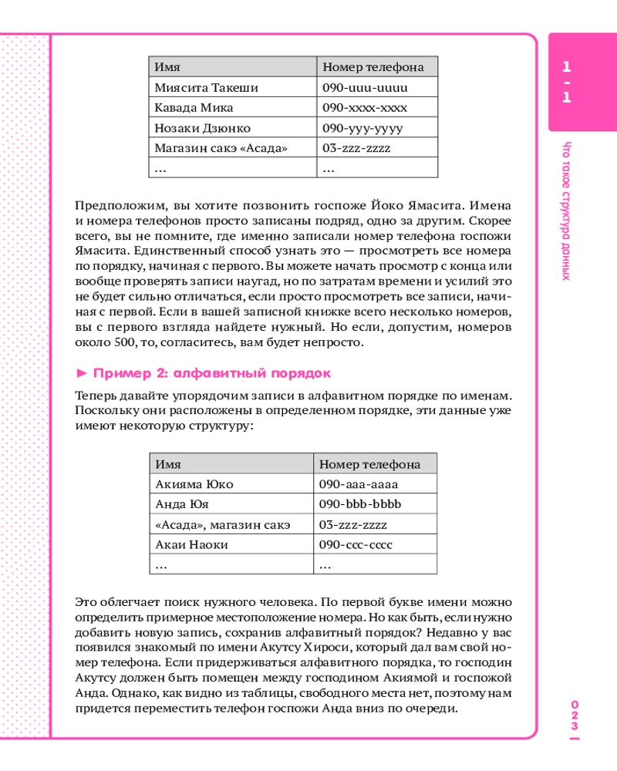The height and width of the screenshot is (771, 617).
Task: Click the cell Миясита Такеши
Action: tap(207, 88)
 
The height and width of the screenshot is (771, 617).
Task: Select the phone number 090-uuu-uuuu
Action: tap(365, 88)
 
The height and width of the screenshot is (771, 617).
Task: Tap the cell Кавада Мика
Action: tap(194, 108)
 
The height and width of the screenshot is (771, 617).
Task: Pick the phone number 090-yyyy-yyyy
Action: tap(362, 128)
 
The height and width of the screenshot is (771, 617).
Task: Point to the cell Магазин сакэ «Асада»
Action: tap(221, 148)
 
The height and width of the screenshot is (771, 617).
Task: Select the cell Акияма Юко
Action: tap(194, 484)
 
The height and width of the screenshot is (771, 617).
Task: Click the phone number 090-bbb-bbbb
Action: tap(360, 504)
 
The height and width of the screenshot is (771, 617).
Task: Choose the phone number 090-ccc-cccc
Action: tap(356, 544)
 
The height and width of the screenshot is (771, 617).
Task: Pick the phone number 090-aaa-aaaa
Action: tap(358, 484)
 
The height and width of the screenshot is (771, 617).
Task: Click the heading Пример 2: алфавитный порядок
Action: tap(211, 374)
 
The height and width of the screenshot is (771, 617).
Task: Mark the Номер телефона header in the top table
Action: tap(373, 67)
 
